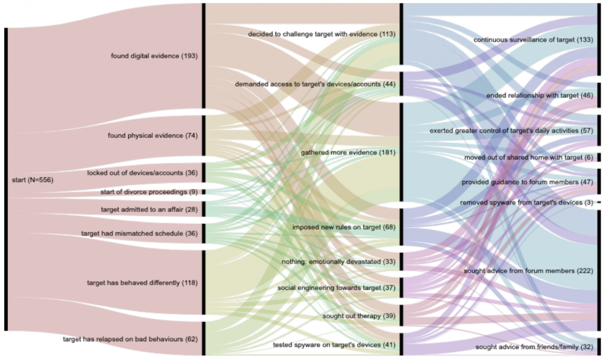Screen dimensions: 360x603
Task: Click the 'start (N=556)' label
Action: (x=33, y=180)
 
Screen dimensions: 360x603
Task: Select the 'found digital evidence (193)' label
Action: (x=154, y=56)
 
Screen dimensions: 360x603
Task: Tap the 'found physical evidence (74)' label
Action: (x=153, y=136)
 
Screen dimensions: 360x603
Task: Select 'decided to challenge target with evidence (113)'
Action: (x=322, y=34)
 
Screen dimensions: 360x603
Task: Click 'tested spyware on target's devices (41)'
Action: (x=334, y=344)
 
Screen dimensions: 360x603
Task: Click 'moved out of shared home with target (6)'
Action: (x=528, y=157)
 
